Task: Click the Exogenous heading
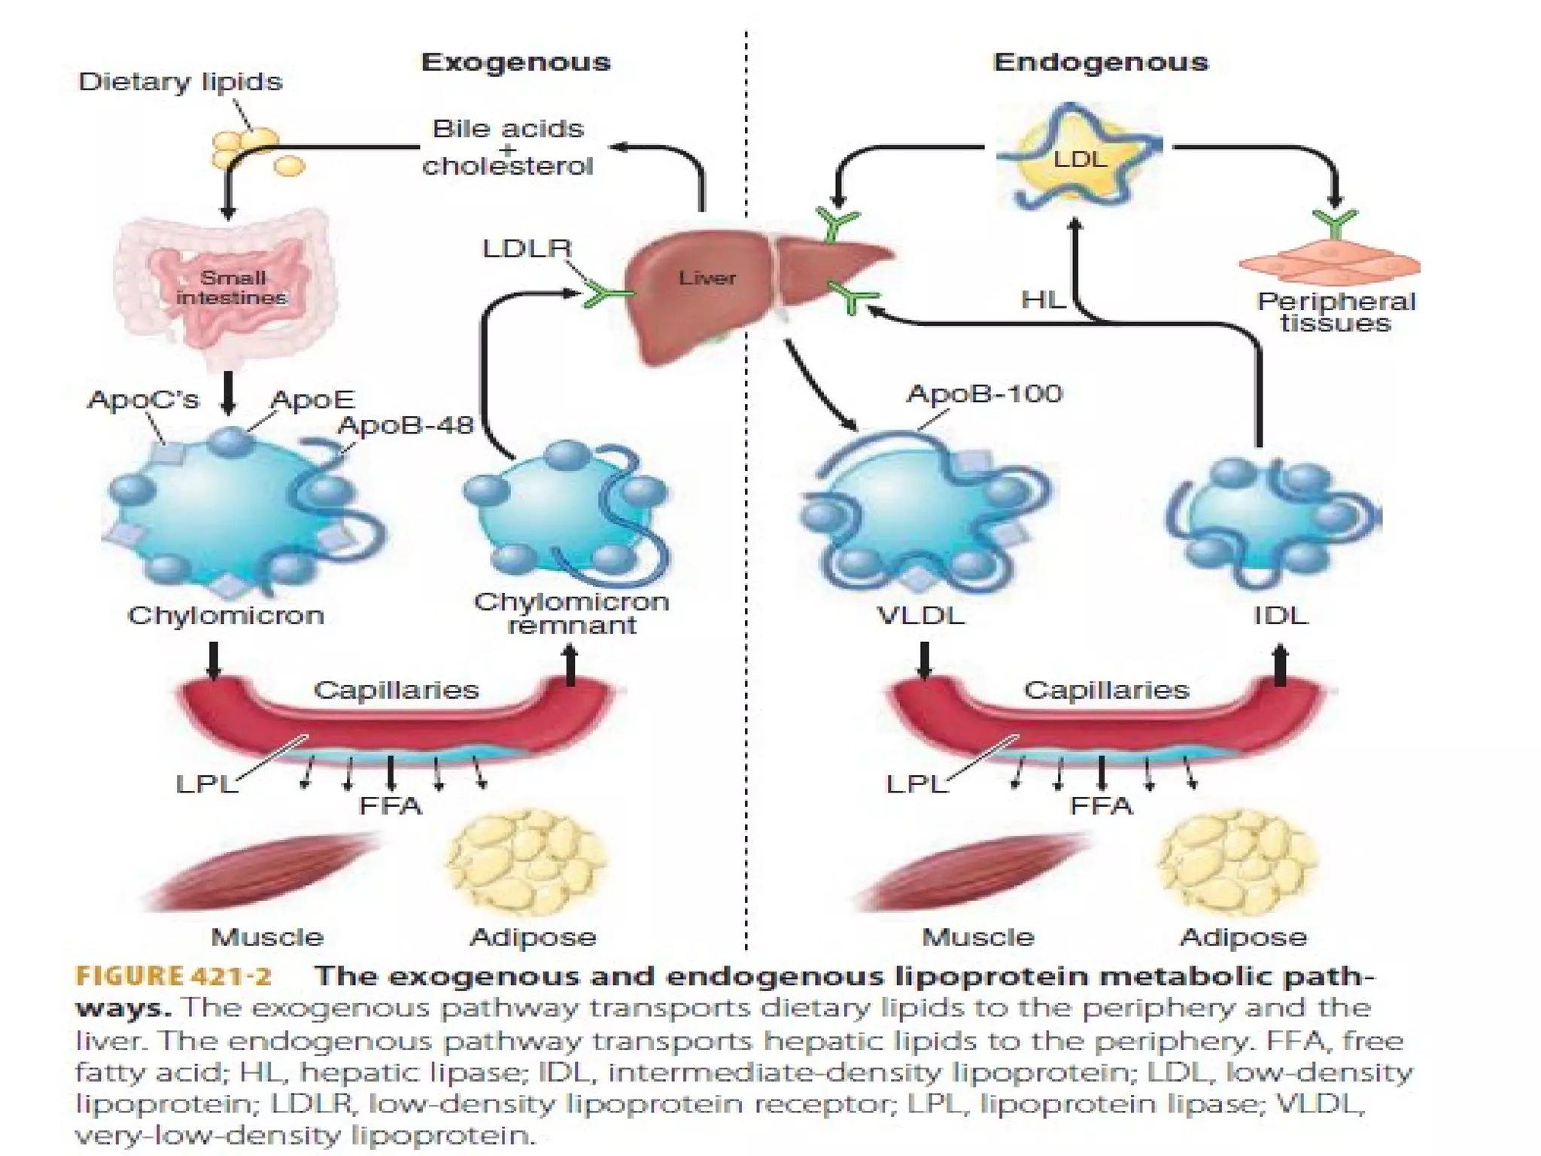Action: (x=515, y=62)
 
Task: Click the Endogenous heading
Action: (x=1100, y=62)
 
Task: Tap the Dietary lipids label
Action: (x=180, y=81)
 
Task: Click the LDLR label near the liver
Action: (x=527, y=248)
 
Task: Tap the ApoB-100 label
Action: (x=984, y=394)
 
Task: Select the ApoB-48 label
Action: (x=405, y=425)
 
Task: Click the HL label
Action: (x=1043, y=300)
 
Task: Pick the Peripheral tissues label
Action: (x=1336, y=312)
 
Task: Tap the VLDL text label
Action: (x=920, y=616)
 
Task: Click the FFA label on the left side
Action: (x=391, y=806)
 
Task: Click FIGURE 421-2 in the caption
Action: (x=173, y=976)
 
